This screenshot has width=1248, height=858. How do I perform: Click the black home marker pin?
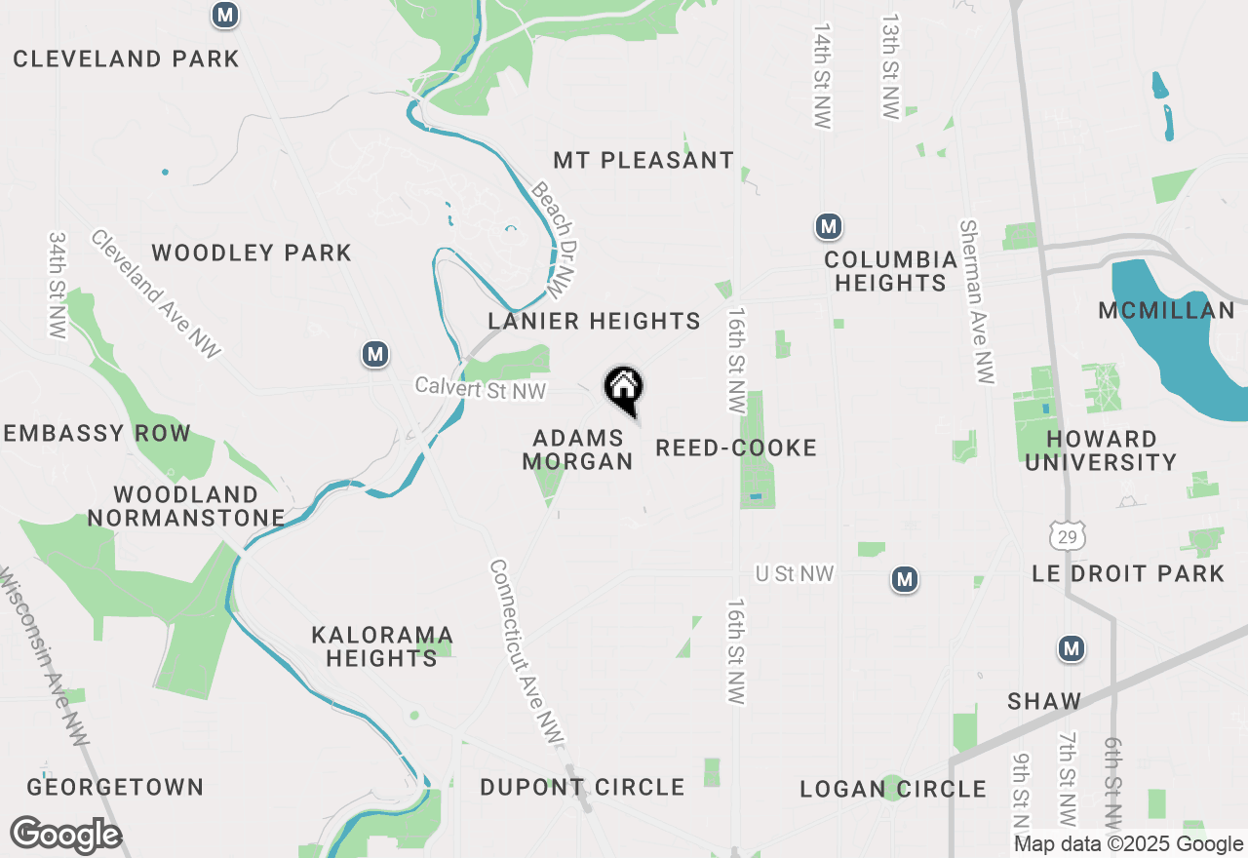[x=624, y=390]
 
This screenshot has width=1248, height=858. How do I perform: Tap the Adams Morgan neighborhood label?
[x=578, y=449]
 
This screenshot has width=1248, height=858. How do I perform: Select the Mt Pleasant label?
[x=643, y=160]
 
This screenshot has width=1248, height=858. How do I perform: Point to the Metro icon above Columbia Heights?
[x=829, y=227]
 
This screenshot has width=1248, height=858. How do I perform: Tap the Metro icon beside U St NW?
[x=905, y=580]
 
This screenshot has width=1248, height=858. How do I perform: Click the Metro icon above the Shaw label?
[x=1072, y=648]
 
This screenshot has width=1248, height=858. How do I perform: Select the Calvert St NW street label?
[x=480, y=387]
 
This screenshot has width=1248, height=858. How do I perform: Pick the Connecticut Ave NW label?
[x=526, y=652]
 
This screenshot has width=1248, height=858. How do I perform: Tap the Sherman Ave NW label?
[x=976, y=301]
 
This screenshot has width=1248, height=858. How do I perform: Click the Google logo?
[x=65, y=836]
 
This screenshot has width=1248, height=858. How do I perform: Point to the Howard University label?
[x=1101, y=450]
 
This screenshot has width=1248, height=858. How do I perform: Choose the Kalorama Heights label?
[x=382, y=646]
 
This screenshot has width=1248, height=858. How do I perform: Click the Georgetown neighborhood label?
[x=115, y=787]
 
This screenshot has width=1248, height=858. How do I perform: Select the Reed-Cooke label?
[x=736, y=448]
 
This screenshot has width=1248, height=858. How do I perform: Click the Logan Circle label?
[x=893, y=789]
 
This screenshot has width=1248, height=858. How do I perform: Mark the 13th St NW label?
[x=890, y=66]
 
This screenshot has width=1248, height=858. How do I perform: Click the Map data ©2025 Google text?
[x=1128, y=844]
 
